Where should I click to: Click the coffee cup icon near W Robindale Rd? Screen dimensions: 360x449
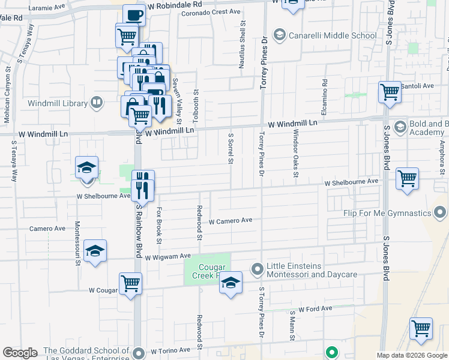coord(134,15)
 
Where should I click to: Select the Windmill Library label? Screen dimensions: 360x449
coord(58,103)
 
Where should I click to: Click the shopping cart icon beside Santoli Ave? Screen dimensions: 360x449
coord(390,92)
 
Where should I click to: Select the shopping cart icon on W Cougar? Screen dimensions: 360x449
coord(130,283)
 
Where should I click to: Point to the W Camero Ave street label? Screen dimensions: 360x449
coord(230,221)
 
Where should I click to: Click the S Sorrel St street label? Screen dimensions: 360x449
coord(231,148)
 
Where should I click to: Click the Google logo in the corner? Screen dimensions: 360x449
coord(20,353)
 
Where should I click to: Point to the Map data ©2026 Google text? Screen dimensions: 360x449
coord(411,355)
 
